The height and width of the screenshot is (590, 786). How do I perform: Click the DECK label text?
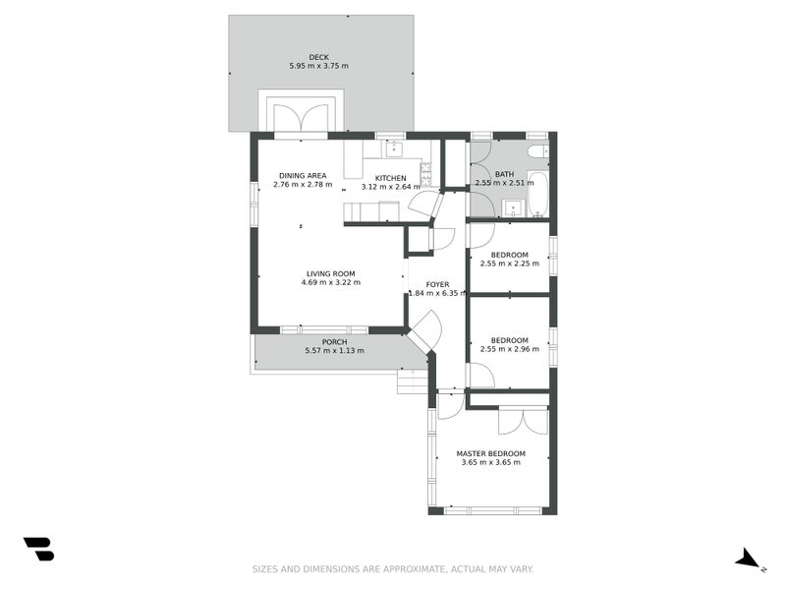(318, 57)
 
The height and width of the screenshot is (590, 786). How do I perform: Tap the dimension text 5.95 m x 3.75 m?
(318, 66)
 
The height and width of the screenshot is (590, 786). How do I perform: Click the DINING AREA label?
(302, 175)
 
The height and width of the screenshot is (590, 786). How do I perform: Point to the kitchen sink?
(393, 148)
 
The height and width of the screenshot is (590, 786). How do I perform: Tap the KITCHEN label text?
(390, 178)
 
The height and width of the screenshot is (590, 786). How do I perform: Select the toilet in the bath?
(536, 150)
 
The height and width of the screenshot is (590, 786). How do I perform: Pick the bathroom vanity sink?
(512, 207)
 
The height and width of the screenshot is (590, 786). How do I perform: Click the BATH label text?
(503, 174)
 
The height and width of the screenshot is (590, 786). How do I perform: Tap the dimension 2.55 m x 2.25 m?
(509, 264)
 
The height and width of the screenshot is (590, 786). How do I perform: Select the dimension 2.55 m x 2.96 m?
(509, 349)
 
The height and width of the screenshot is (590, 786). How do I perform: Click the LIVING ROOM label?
(330, 273)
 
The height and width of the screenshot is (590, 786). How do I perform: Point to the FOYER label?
(437, 284)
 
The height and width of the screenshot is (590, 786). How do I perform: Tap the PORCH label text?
(334, 342)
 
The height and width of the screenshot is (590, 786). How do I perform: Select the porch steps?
(413, 382)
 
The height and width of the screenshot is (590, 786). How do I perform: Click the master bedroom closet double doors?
(523, 420)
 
